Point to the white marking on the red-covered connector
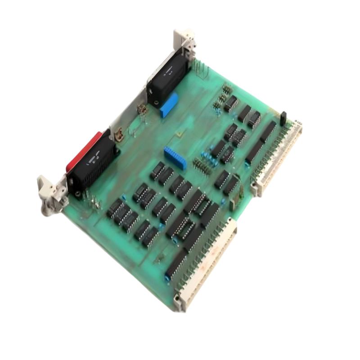pos(94,157)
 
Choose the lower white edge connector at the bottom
pos(207,265)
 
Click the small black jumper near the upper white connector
pos(283,118)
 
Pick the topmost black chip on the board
pos(230,103)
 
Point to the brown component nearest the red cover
pos(119,134)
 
